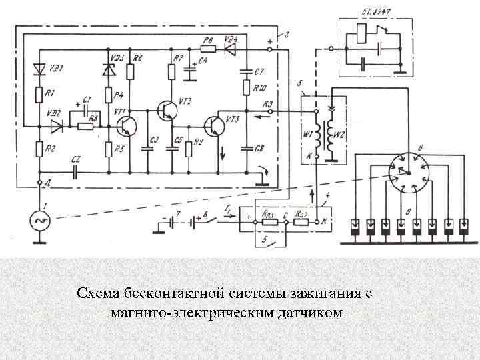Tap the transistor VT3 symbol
(215, 124)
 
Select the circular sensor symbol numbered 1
(40, 219)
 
